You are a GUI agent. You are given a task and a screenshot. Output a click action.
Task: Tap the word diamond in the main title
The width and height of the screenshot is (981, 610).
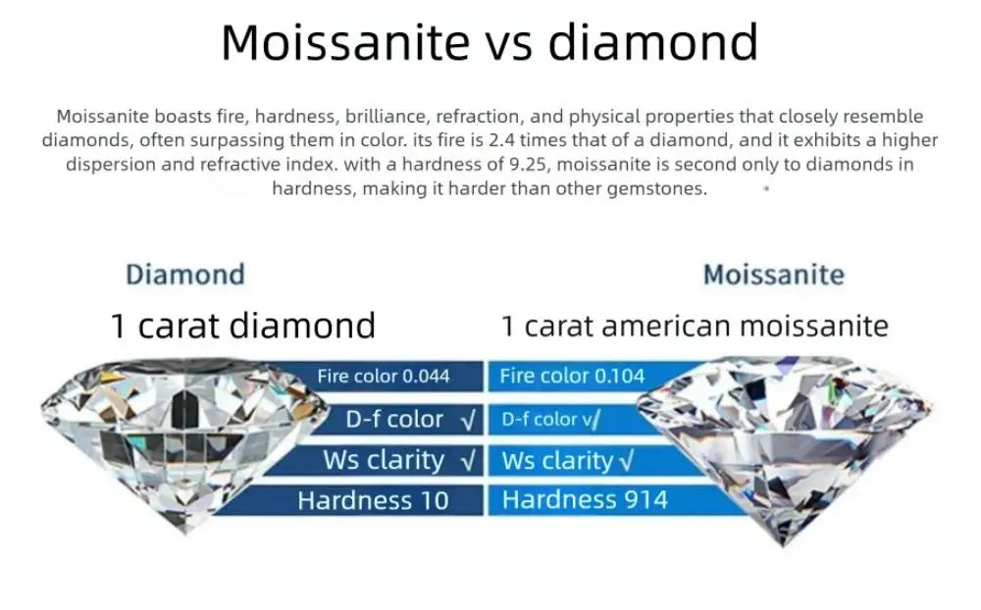click(x=652, y=42)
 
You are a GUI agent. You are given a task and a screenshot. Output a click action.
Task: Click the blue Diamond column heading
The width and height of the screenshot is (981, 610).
click(x=184, y=274)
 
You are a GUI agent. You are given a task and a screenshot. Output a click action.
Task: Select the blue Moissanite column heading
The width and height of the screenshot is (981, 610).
click(x=773, y=275)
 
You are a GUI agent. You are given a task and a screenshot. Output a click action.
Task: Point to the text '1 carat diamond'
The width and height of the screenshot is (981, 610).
click(x=242, y=326)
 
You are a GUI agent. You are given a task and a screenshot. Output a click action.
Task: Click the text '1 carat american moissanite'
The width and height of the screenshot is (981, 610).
click(x=695, y=326)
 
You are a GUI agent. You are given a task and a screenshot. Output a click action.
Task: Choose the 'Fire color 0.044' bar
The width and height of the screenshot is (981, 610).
click(x=384, y=376)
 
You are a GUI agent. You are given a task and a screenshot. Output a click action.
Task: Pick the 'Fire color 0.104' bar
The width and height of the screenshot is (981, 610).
click(x=572, y=376)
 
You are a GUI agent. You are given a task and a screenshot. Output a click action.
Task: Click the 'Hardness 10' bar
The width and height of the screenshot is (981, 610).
click(x=373, y=500)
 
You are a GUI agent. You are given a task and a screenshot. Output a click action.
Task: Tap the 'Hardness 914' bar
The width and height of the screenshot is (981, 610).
click(x=585, y=500)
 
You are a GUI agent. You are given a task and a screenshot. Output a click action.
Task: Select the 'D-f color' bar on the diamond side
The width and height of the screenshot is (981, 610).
click(x=394, y=419)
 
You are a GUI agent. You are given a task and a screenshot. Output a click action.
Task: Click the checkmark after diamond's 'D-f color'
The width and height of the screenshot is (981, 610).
click(x=468, y=420)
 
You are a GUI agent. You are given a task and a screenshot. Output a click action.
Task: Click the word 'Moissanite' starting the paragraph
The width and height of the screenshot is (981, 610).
click(x=99, y=117)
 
